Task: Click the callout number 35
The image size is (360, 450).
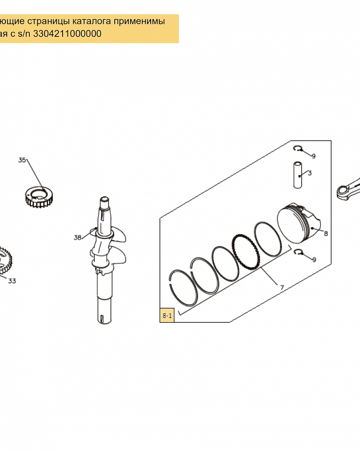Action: pos(22,160)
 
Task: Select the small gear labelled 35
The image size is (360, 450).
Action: pos(39,197)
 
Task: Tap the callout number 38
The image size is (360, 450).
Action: pos(77,237)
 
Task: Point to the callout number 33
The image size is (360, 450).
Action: pos(12,281)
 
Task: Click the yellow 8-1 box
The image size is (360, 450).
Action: pos(167,315)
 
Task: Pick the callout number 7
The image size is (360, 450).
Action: pos(282,287)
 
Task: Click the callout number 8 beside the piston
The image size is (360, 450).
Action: pos(326,234)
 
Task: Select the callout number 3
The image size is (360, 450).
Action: pos(310,173)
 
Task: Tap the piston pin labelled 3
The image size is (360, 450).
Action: pos(298,175)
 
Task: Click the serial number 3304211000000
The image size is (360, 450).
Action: pos(67,34)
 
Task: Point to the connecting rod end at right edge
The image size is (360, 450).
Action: pos(348,189)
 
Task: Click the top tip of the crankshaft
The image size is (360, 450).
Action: pos(104,198)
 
